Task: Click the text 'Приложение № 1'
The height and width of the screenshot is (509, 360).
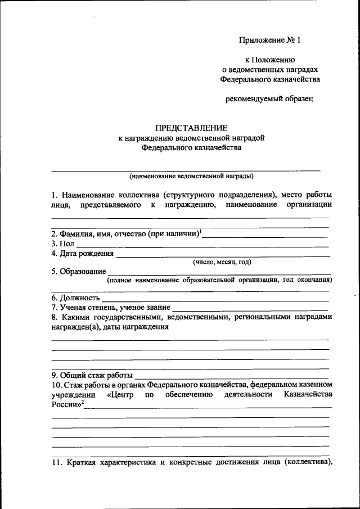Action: pos(270,40)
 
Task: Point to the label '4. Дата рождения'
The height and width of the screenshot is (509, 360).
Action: pos(82,253)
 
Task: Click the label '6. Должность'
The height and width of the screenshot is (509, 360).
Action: pos(76,298)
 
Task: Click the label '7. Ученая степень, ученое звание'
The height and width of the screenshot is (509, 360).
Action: pos(111,307)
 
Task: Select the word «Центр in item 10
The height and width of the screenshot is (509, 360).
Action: pos(120,394)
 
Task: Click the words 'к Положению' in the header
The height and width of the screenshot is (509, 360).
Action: pos(270,60)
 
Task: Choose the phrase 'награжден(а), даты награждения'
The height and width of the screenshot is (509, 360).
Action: pos(110,327)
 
